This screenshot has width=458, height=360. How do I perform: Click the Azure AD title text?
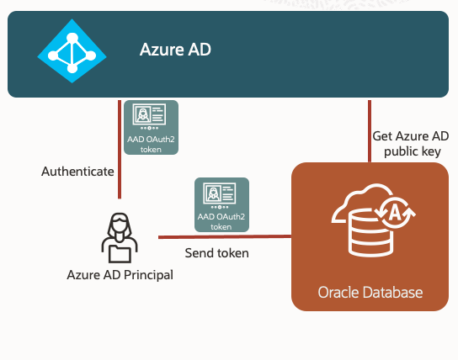click(x=175, y=50)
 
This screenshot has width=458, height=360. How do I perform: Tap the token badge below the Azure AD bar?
click(x=151, y=128)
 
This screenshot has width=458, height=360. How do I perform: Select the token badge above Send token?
click(x=221, y=204)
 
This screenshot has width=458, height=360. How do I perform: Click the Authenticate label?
click(x=77, y=172)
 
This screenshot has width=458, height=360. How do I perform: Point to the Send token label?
click(x=217, y=251)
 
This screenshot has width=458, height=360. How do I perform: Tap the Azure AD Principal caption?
click(x=120, y=274)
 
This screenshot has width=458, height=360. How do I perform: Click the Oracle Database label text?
click(x=370, y=292)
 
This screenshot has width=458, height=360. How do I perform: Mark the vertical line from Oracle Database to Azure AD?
click(x=369, y=130)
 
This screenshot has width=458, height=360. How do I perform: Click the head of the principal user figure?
click(x=120, y=225)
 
